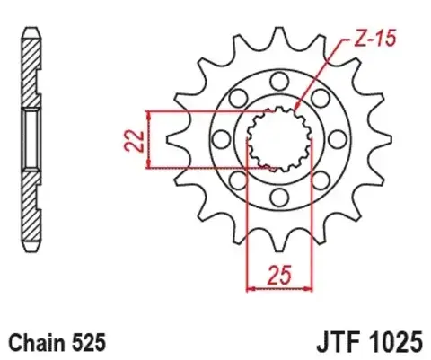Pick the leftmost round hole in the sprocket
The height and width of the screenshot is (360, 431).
click(217, 138)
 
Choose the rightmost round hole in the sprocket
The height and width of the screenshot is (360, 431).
click(336, 138)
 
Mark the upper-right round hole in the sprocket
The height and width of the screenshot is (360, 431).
click(319, 96)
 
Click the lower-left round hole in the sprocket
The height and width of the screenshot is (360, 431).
click(235, 180)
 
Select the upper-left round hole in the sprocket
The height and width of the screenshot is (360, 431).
click(235, 96)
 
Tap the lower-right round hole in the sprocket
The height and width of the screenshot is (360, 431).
click(319, 180)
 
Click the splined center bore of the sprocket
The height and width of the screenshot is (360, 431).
click(277, 138)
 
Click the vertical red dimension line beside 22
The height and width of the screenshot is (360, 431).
click(147, 139)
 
